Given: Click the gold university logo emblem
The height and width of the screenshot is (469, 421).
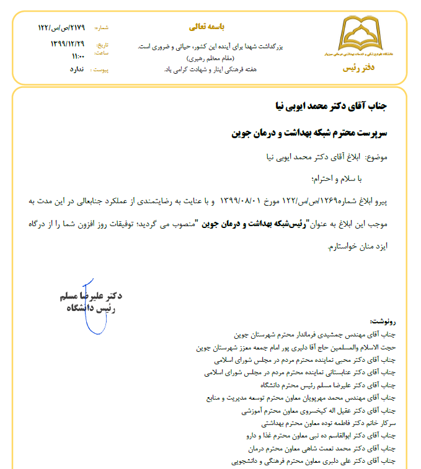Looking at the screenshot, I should tap(359, 38).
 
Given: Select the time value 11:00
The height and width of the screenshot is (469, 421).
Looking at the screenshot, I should tap(78, 56).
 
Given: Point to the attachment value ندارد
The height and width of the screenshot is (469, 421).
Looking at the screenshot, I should tap(76, 69).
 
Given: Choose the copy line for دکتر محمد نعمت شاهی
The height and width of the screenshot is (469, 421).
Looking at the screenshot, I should tap(316, 448).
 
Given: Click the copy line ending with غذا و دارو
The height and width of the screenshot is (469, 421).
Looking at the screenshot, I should tap(316, 436).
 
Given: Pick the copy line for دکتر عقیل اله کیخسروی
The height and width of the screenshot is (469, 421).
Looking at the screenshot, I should tap(318, 410).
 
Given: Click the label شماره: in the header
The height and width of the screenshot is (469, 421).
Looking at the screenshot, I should tap(101, 28).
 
